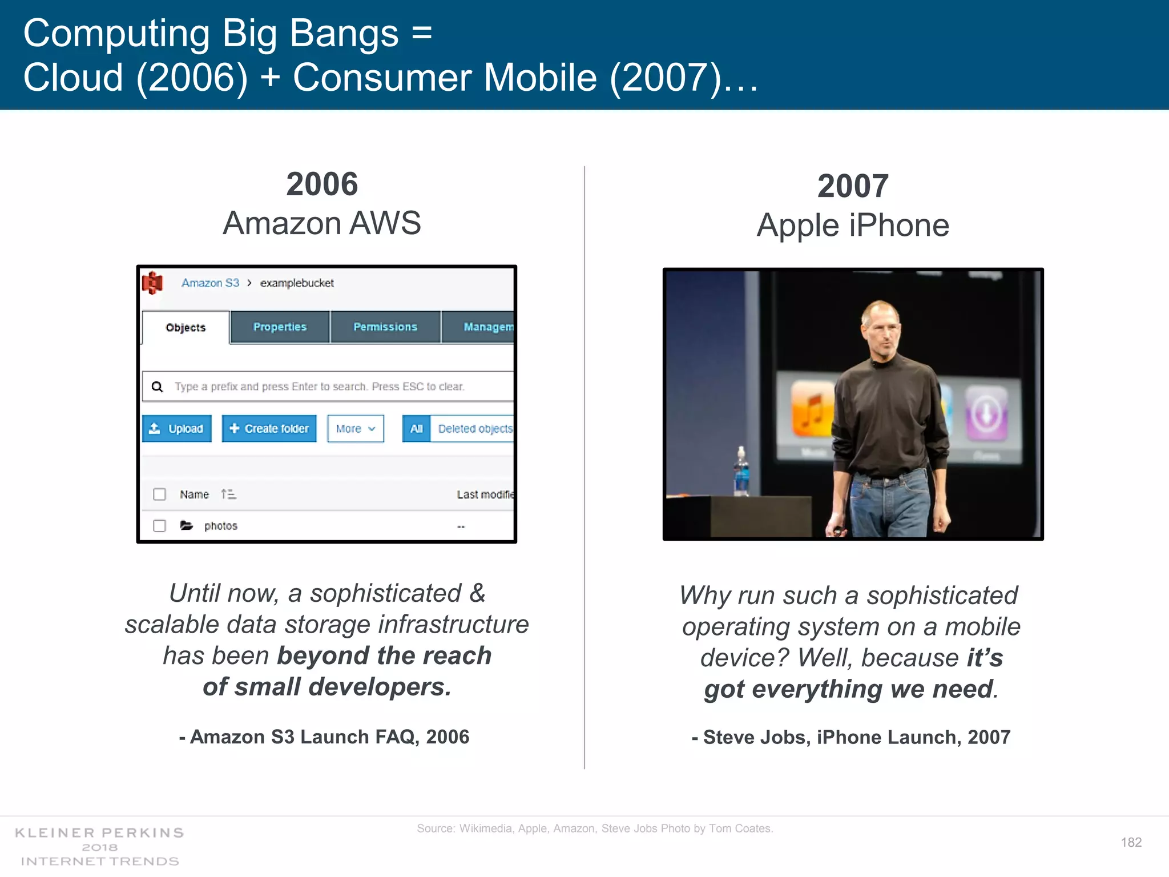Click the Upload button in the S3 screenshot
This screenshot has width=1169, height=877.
(x=176, y=428)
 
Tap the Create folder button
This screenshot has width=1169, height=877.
(x=269, y=428)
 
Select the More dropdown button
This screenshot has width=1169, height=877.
(x=355, y=428)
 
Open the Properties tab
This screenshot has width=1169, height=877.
(x=280, y=327)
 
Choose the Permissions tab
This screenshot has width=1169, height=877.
(x=385, y=327)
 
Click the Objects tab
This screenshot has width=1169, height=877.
(x=186, y=327)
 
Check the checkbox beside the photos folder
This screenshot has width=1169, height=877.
(x=159, y=525)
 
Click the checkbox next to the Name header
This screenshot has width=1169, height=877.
(x=159, y=494)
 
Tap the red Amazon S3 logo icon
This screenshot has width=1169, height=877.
(x=152, y=283)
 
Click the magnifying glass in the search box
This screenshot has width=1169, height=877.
(x=157, y=387)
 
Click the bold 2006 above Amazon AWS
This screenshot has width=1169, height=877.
(x=322, y=184)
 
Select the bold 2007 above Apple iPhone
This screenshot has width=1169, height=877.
(x=853, y=186)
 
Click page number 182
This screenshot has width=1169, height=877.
(x=1131, y=842)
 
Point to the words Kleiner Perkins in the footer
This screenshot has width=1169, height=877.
(x=99, y=832)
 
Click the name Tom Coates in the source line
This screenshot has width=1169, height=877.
(x=740, y=828)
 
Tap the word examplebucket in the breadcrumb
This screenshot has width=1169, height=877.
(x=297, y=283)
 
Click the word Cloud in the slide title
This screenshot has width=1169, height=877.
(x=73, y=78)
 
